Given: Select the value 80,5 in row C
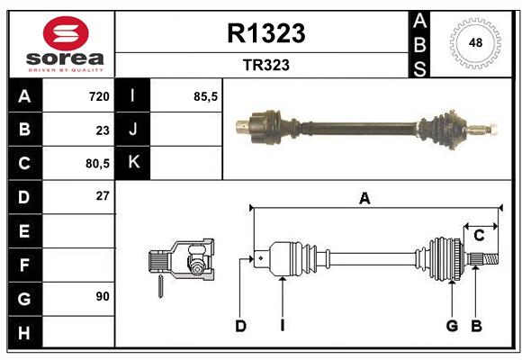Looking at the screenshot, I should coord(95,164).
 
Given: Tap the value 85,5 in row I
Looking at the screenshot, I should coord(206,96).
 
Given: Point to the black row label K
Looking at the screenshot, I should coord(134,163).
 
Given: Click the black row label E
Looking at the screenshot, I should coord(24,231).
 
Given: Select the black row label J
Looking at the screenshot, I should coord(134,130).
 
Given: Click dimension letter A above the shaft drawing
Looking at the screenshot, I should coord(364,199).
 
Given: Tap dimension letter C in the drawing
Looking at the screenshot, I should coord(480,236).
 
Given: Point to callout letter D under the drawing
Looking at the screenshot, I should coord(240,326).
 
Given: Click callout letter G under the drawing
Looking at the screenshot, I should coord(452,326).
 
